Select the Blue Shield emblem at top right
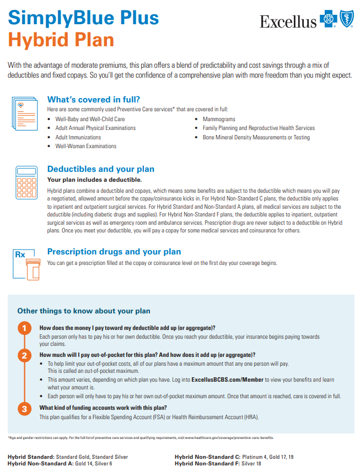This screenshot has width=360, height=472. [346, 21]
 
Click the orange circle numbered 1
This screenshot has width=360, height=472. [24, 329]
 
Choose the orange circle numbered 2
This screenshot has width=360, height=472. [24, 356]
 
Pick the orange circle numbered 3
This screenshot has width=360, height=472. [24, 409]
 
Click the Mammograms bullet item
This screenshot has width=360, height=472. [219, 119]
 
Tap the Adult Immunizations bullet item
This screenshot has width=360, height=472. [78, 137]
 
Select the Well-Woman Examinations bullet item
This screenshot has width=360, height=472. [85, 146]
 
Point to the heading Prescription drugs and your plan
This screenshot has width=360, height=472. [114, 252]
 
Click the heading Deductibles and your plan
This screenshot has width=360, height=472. [101, 169]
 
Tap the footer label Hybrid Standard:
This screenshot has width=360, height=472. [31, 457]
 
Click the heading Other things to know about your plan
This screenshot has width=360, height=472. [84, 311]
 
